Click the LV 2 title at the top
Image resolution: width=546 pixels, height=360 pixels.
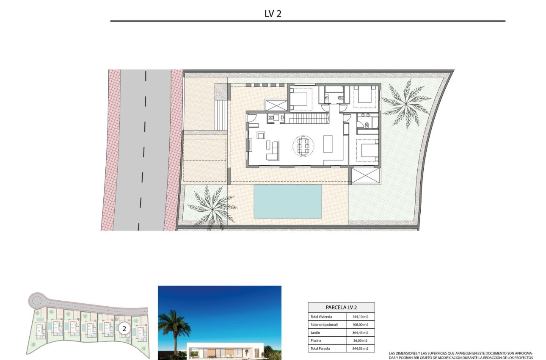point(273,14)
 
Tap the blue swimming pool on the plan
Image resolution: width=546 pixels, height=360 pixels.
point(287,201)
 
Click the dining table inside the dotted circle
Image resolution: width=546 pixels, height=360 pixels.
point(303,146)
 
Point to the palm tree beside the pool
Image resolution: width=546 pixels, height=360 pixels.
point(212,206)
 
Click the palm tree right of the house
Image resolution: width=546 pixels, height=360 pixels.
point(405,103)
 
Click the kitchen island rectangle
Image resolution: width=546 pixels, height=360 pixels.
point(328,144)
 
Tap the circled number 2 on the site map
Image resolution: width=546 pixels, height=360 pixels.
point(124,328)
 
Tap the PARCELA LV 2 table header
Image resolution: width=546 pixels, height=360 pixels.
point(341,307)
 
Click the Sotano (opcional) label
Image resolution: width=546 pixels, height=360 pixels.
point(324,324)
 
